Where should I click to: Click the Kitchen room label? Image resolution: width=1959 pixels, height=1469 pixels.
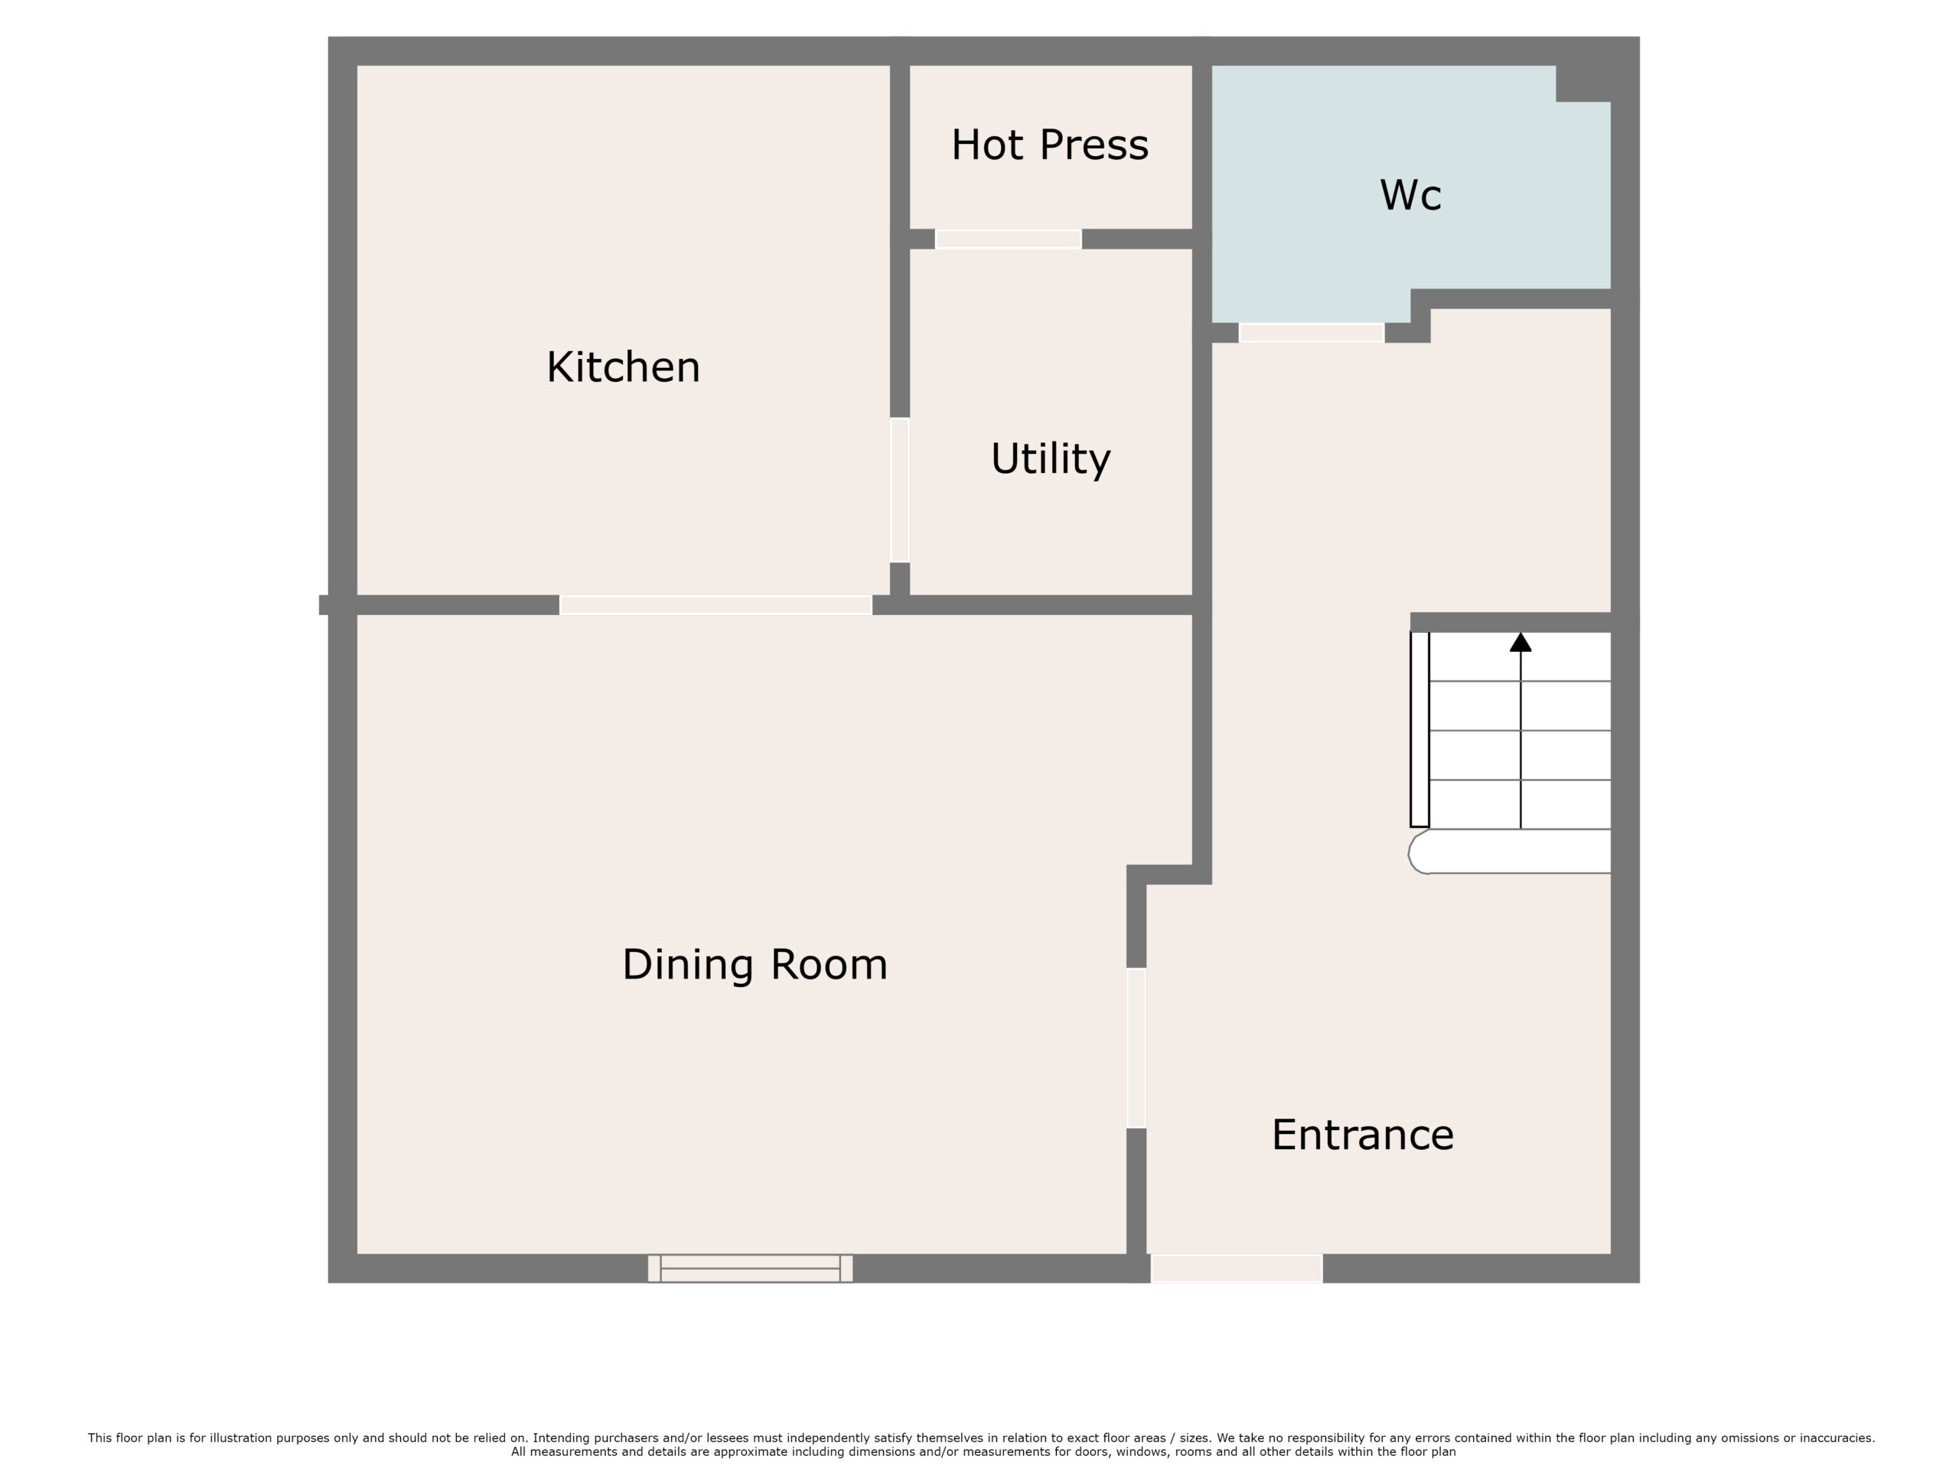pos(623,367)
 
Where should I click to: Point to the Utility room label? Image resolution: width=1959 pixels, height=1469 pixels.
pos(1051,458)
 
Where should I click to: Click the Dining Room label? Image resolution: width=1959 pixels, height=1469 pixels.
pos(755,964)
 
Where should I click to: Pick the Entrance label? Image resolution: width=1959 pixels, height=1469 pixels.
pos(1362,1135)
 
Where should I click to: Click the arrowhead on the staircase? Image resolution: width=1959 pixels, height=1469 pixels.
pos(1520,642)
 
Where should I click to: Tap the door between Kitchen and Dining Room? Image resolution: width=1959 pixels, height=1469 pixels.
pos(715,604)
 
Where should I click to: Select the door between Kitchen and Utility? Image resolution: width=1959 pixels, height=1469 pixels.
pos(900,490)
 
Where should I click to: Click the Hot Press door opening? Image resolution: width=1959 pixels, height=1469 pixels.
pos(1009,239)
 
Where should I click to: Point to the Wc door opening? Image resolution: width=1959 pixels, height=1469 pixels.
pos(1312,333)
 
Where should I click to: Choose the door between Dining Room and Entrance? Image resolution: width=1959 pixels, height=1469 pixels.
pos(1136,1048)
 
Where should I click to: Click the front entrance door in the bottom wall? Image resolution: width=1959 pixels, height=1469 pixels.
pos(1237,1268)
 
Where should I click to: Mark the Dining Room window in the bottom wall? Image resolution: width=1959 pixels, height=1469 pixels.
pos(750,1268)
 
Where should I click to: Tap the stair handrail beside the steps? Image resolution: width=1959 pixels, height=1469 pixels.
pos(1420,730)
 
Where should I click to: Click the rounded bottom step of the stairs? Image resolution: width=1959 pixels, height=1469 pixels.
pos(1509,852)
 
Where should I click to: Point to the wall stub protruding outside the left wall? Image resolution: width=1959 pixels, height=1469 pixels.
pos(324,604)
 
